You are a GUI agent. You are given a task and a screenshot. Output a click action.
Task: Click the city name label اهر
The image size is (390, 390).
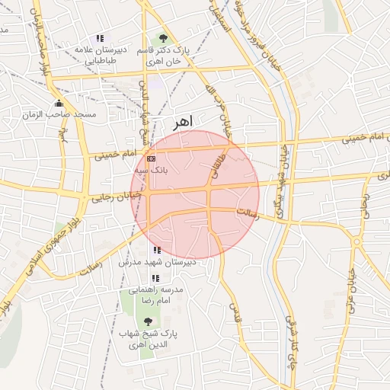184,121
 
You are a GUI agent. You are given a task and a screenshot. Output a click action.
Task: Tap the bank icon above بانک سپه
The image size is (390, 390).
151,158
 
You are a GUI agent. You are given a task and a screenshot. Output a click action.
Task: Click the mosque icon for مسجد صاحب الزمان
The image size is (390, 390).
59,103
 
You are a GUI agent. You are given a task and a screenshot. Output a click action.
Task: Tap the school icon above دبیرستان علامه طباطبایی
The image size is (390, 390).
99,38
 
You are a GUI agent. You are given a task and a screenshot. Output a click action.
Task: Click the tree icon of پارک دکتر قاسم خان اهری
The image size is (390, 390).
161,37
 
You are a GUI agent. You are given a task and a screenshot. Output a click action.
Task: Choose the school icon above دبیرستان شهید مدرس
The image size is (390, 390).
157,250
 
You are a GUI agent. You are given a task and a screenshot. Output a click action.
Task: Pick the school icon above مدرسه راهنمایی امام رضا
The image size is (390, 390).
155,278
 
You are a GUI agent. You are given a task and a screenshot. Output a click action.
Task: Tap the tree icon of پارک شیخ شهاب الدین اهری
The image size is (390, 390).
147,321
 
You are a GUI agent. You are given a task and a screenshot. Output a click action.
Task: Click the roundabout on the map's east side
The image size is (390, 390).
356,242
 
